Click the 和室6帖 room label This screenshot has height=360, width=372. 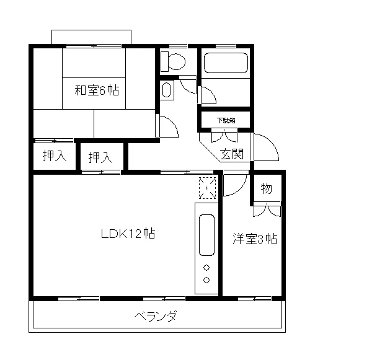coord(97,90)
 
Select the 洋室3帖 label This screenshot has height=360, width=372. coord(255,239)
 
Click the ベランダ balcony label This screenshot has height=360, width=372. coord(156,317)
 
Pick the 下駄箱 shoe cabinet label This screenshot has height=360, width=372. coord(225,120)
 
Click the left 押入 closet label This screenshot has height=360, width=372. coord(54,157)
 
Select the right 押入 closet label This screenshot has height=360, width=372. coord(100,158)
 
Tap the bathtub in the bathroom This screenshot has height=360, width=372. coord(226,64)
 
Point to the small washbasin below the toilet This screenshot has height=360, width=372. coord(166,90)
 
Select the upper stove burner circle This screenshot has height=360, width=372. coord(206,268)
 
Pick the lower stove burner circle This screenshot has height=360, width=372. coord(206,280)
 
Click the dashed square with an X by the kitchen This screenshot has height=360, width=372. coord(206,187)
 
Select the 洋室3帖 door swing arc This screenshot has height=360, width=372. coord(234,185)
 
